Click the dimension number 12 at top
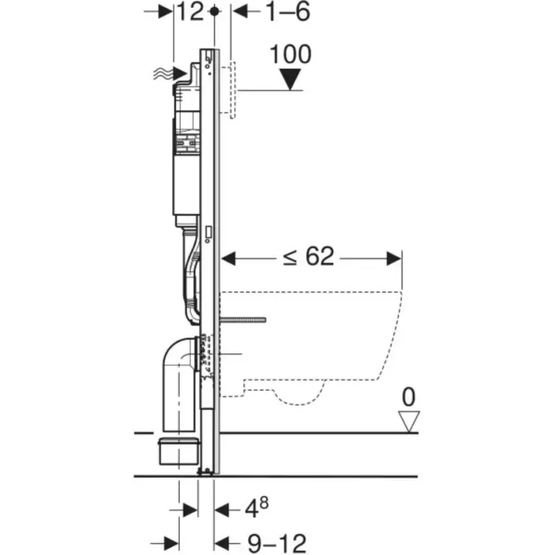(191, 12)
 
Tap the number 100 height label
(290, 55)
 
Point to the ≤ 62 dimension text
(308, 258)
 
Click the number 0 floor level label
(408, 397)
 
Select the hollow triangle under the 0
(408, 421)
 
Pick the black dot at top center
(215, 12)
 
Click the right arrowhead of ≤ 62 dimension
(394, 258)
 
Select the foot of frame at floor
(206, 473)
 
